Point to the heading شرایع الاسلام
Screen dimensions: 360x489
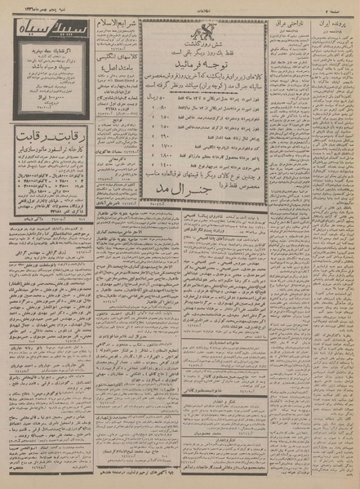[x=114, y=20]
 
